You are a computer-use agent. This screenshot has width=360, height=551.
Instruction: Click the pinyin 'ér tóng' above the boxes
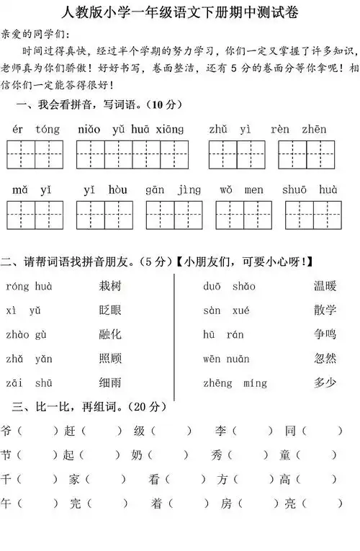click(36, 130)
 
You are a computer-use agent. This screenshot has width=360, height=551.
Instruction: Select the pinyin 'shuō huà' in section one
click(313, 189)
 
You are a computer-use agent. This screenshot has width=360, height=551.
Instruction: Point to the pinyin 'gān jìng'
click(173, 189)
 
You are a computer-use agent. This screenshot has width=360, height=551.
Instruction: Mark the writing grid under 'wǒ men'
click(243, 214)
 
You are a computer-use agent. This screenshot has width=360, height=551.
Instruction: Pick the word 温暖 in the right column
click(324, 286)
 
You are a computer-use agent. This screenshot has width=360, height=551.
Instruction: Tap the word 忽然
click(324, 358)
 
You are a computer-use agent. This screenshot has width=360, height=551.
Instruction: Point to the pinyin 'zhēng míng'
click(235, 382)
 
